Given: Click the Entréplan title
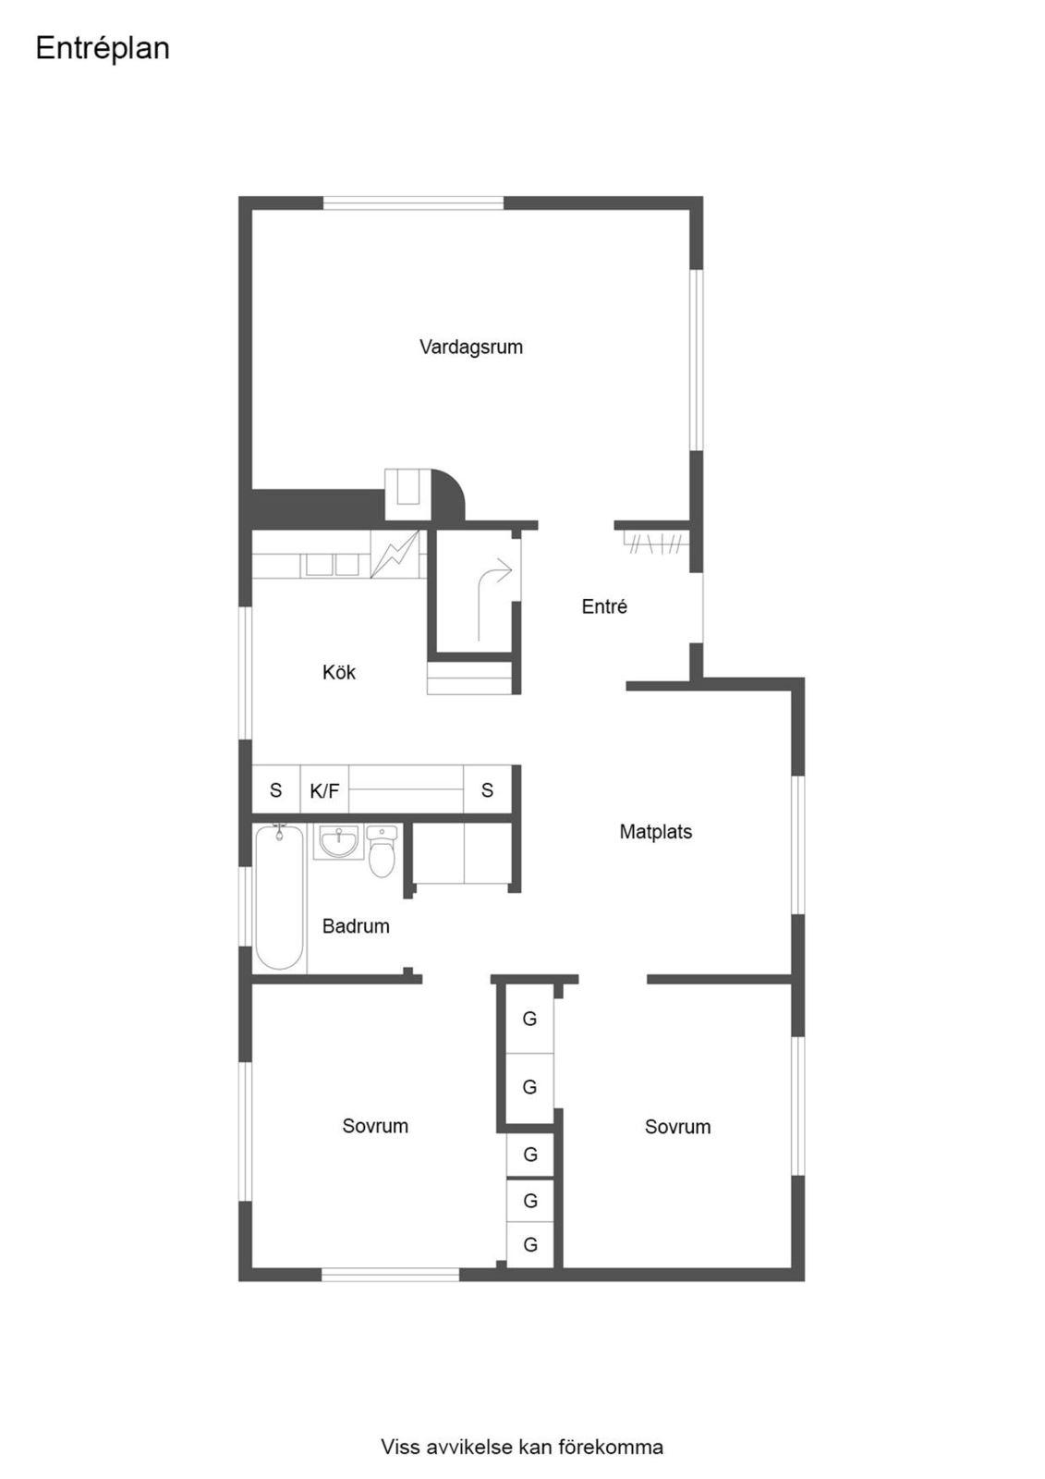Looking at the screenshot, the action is [x=103, y=48].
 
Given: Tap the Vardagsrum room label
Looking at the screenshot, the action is [x=470, y=347].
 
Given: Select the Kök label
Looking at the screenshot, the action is [x=339, y=672].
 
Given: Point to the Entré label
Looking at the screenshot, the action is [x=604, y=606].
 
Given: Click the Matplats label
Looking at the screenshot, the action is [x=655, y=831].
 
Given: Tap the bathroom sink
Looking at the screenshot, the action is [x=339, y=841].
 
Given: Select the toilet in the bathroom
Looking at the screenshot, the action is [x=383, y=851].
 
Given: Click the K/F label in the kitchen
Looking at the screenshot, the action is [x=324, y=790].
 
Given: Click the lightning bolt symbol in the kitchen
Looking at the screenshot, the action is [x=395, y=554].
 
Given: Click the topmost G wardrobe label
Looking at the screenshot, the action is [x=529, y=1019].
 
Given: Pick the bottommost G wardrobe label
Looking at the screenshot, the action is [x=530, y=1244].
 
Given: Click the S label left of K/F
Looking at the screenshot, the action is [x=276, y=789].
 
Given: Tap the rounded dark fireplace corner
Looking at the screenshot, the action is [x=447, y=495].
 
